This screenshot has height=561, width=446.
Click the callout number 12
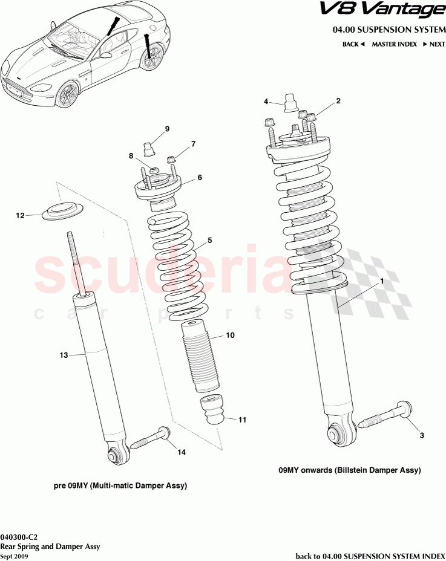click(x=20, y=215)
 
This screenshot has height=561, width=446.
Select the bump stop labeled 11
click(x=212, y=410)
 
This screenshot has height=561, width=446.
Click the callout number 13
click(x=64, y=355)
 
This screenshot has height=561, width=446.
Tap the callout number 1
click(x=382, y=282)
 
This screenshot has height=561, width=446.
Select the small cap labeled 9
click(x=149, y=148)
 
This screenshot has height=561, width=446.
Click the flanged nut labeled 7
click(x=171, y=160)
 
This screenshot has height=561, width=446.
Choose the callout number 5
click(x=209, y=240)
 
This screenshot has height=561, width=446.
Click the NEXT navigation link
click(x=435, y=44)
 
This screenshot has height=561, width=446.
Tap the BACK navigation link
click(x=353, y=44)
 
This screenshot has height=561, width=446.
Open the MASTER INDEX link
click(x=393, y=44)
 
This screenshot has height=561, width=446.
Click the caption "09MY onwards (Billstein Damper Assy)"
click(x=349, y=470)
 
